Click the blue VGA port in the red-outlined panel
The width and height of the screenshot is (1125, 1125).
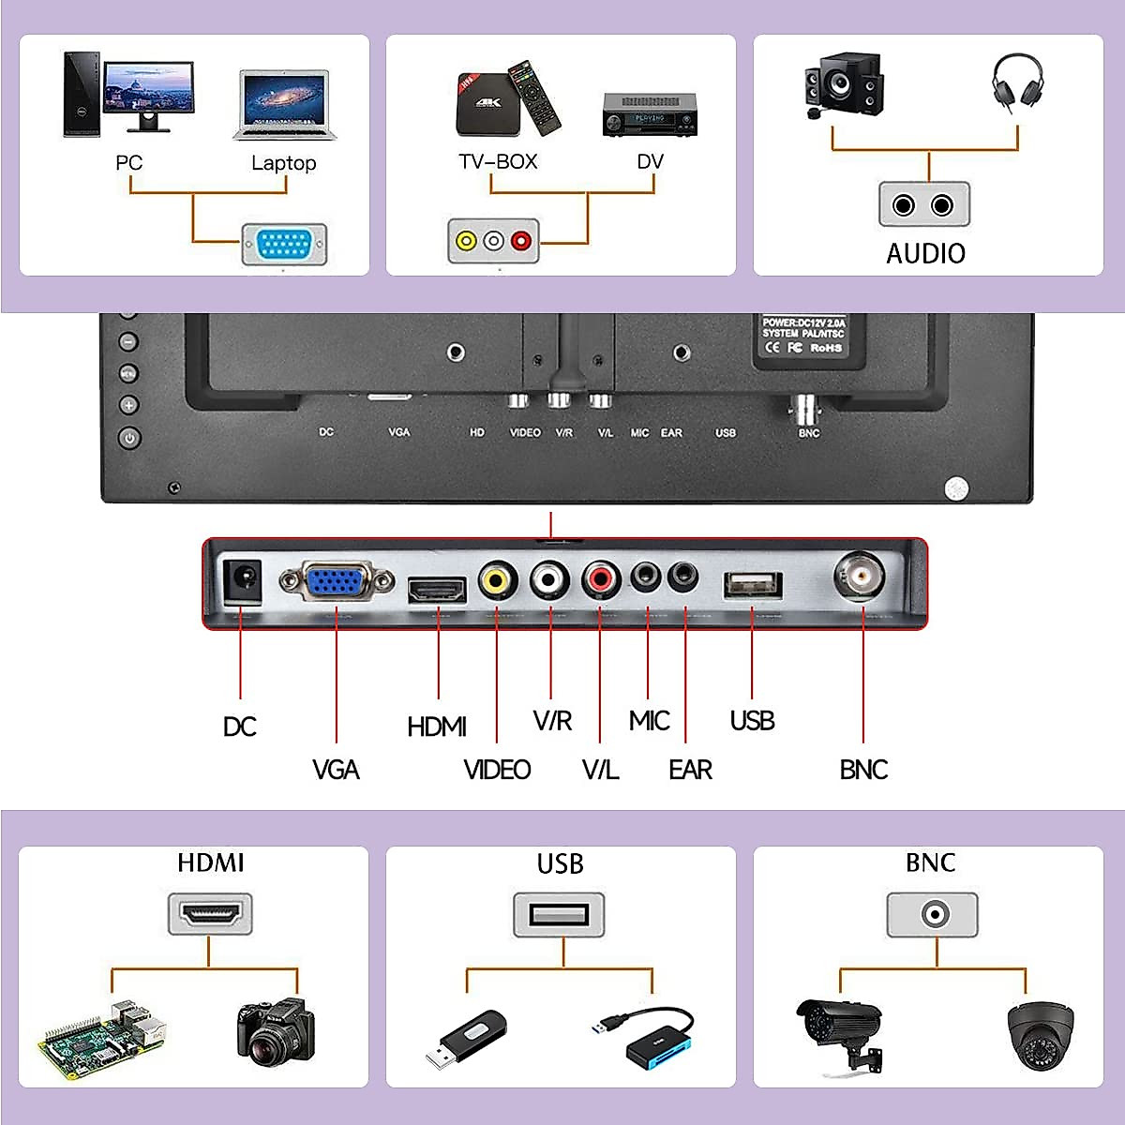(x=337, y=582)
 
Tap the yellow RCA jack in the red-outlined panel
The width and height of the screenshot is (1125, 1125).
(x=498, y=580)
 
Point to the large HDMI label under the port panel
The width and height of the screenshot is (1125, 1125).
(x=437, y=727)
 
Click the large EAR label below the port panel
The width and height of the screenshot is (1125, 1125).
(x=690, y=770)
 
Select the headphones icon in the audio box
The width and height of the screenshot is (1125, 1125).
(x=1017, y=82)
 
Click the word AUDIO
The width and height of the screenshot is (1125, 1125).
(x=925, y=253)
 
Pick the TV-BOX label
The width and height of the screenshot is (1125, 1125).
(x=498, y=161)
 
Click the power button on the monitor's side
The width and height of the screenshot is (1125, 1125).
(x=129, y=438)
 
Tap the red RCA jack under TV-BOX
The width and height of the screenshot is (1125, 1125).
(x=521, y=241)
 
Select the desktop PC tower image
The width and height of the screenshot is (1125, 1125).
(x=82, y=94)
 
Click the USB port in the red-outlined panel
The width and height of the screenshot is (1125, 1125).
(x=752, y=585)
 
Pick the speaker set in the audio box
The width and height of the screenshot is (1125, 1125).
(x=843, y=85)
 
